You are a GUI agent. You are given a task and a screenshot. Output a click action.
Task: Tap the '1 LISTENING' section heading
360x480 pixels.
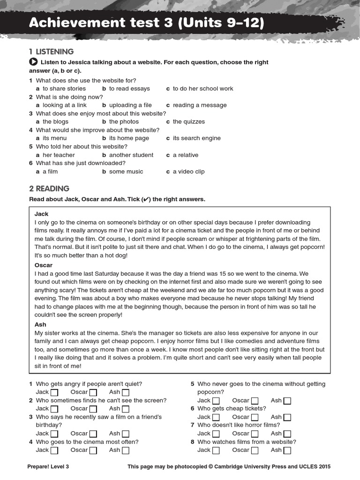[x=51, y=52]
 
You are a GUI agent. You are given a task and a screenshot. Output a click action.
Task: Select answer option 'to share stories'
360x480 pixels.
[x=64, y=89]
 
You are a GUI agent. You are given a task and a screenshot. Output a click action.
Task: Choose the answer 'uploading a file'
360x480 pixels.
[x=130, y=105]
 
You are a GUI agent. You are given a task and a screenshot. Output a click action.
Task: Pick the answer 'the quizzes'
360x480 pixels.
[x=188, y=121]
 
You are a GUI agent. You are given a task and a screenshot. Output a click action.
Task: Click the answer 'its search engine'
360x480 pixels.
[x=196, y=138]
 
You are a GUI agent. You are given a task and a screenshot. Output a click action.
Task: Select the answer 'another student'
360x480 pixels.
[x=131, y=155]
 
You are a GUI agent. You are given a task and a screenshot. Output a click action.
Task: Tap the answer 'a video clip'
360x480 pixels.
[x=188, y=172]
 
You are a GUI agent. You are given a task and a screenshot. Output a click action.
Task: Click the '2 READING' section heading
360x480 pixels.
[x=49, y=188]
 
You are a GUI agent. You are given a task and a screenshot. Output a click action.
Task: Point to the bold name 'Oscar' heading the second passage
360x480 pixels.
[x=44, y=265]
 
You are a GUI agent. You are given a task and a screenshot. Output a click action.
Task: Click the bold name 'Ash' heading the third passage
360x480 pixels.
[x=41, y=324]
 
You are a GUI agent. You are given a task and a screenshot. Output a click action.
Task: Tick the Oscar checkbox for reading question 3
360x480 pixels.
[x=93, y=434]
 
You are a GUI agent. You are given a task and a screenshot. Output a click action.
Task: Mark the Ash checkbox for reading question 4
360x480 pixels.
[x=126, y=450]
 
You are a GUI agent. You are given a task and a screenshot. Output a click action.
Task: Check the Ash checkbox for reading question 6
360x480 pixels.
[x=287, y=417]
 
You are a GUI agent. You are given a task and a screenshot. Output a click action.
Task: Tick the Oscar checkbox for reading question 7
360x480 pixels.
[x=255, y=434]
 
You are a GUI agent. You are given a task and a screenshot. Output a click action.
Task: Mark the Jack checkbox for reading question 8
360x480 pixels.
[x=216, y=450]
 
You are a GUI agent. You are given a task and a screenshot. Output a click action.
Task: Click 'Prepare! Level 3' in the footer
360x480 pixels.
[x=49, y=467]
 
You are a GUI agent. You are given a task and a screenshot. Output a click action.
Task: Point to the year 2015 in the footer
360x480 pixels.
[x=323, y=467]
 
